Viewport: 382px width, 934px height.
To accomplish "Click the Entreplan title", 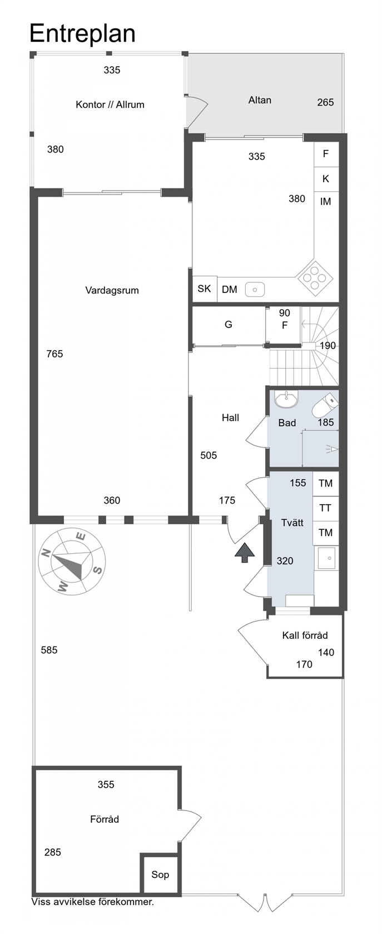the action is [x=82, y=34].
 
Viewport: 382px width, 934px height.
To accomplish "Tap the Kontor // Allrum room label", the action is [x=110, y=105].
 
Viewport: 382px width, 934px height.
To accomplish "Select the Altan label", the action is [x=260, y=100].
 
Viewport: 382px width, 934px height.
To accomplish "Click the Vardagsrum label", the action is [x=112, y=290].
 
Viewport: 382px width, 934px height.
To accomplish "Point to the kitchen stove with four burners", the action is [x=315, y=276].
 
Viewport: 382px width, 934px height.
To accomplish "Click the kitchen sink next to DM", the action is [x=255, y=289].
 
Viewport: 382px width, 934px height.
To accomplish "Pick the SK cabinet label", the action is [x=205, y=289].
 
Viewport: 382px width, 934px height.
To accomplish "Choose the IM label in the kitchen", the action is [x=326, y=202].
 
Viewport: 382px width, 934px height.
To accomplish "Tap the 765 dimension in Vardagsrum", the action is [x=54, y=354].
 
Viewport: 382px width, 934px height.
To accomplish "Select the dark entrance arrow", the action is [x=245, y=553].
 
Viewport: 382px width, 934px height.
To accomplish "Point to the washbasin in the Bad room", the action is [x=286, y=399].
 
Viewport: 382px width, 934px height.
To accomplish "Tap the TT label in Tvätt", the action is [x=325, y=508].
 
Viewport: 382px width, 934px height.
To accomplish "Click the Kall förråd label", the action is [x=305, y=635].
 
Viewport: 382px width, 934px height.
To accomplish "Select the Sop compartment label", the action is [x=160, y=875].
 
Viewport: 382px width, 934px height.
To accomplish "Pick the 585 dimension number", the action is [x=49, y=650].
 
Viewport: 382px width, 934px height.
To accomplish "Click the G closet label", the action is [x=229, y=325].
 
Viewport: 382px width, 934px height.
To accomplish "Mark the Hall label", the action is [x=230, y=418].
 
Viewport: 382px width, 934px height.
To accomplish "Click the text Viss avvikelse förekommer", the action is [x=92, y=902].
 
